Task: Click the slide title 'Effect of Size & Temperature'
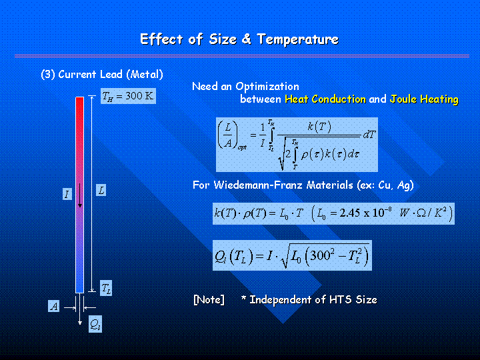click(x=239, y=39)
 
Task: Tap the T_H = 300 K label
click(x=128, y=96)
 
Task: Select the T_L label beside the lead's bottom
click(x=106, y=288)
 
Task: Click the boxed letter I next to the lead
click(x=67, y=194)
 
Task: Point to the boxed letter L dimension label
click(x=101, y=190)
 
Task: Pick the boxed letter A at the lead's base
click(x=54, y=306)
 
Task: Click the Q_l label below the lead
click(x=95, y=324)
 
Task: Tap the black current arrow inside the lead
click(x=80, y=195)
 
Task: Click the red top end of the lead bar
click(x=79, y=99)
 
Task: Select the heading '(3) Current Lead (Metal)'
click(x=102, y=75)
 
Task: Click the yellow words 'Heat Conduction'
click(x=325, y=99)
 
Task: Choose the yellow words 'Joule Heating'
click(x=424, y=99)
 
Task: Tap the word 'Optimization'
click(x=267, y=87)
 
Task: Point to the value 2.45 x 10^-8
click(x=361, y=212)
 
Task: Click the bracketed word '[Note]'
click(x=209, y=299)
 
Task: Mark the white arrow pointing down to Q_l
click(x=80, y=309)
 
